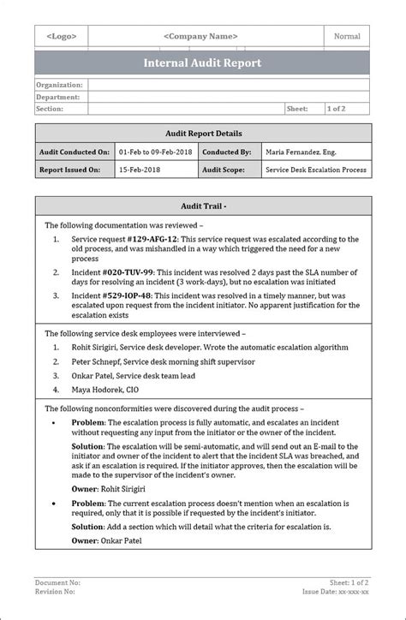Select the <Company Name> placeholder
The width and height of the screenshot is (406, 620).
[x=200, y=37]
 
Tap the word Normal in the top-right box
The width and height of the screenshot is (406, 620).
[x=347, y=37]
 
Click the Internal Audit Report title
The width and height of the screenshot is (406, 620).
[x=203, y=63]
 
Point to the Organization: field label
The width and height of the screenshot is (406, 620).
[x=60, y=85]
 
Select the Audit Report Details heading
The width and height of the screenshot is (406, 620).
[x=203, y=134]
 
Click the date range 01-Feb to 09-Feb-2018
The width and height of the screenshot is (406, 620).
[x=155, y=152]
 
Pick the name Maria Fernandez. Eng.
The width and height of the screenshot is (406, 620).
[x=302, y=152]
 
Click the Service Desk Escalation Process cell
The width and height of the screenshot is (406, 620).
[x=316, y=170]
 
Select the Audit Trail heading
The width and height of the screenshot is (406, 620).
[x=203, y=206]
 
